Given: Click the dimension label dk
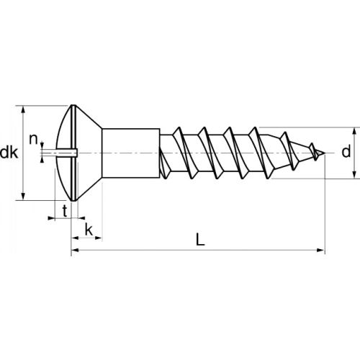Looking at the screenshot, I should point(9,153).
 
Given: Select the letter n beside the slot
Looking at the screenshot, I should point(32,138).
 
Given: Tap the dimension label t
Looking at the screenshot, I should point(65,210).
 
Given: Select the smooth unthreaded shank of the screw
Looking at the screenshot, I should point(130,153).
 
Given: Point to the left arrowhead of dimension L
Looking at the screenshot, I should point(74,251).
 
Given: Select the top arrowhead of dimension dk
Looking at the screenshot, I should point(25,109).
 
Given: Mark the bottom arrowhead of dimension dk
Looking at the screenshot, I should point(25,197).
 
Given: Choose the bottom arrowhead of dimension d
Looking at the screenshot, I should point(354,175).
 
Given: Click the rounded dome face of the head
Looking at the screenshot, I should point(63,130).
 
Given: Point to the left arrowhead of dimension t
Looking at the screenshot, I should point(53,217).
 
